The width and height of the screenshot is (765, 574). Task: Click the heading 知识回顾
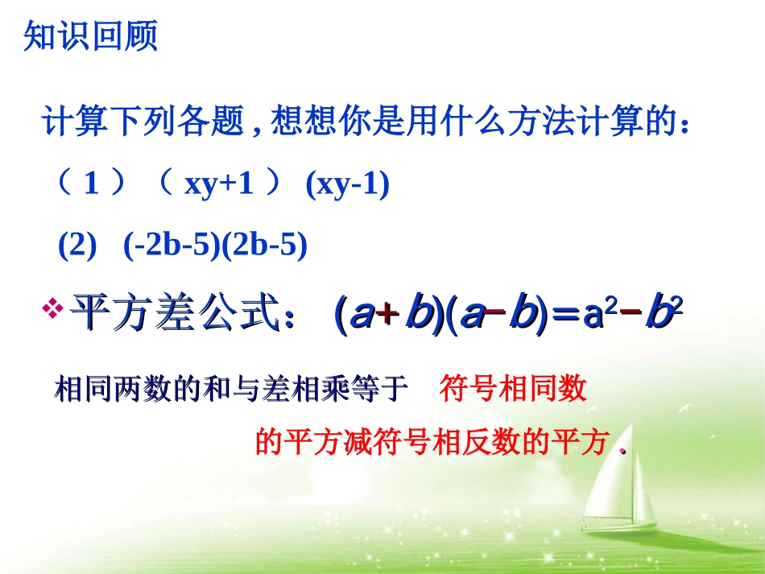tap(90, 36)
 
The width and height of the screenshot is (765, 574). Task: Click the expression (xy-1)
tap(347, 186)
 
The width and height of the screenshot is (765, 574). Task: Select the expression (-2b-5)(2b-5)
tap(215, 245)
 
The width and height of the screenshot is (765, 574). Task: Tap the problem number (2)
tap(77, 245)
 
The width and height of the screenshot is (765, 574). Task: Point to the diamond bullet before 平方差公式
tap(56, 309)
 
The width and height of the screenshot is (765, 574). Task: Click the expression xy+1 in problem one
tap(219, 186)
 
